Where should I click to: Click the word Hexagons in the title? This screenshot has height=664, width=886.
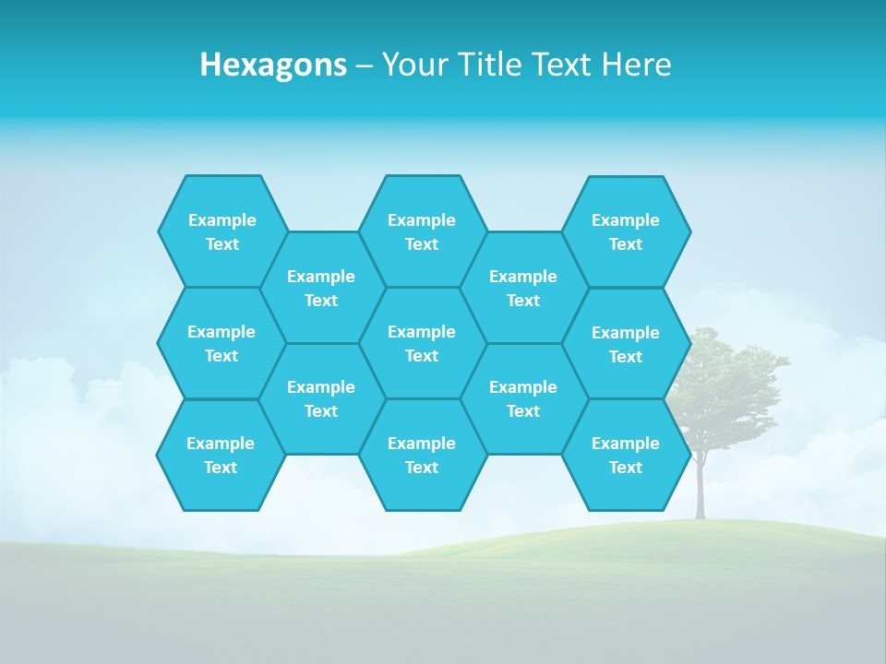[x=273, y=65]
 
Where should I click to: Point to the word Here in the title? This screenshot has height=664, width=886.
[x=637, y=65]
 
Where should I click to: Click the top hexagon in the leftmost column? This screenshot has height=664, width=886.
[x=222, y=231]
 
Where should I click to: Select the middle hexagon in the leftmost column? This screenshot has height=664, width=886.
[x=221, y=343]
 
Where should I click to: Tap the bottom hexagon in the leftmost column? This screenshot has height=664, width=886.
[x=221, y=455]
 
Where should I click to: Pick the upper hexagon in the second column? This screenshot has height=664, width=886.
[x=321, y=288]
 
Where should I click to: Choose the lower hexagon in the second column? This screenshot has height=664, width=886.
[x=321, y=398]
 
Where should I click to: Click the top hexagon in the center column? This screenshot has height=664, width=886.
[x=422, y=231]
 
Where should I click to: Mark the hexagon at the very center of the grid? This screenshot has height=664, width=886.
[x=422, y=343]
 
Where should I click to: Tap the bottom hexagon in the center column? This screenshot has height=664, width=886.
[x=422, y=455]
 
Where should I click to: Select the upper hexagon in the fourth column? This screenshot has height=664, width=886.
[x=523, y=288]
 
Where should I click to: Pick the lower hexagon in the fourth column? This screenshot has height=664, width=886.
[x=523, y=398]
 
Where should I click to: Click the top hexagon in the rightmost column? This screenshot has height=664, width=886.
[x=626, y=231]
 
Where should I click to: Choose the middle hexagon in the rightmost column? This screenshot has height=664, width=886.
[x=626, y=344]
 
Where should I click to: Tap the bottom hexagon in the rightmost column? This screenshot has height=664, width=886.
[x=626, y=455]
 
